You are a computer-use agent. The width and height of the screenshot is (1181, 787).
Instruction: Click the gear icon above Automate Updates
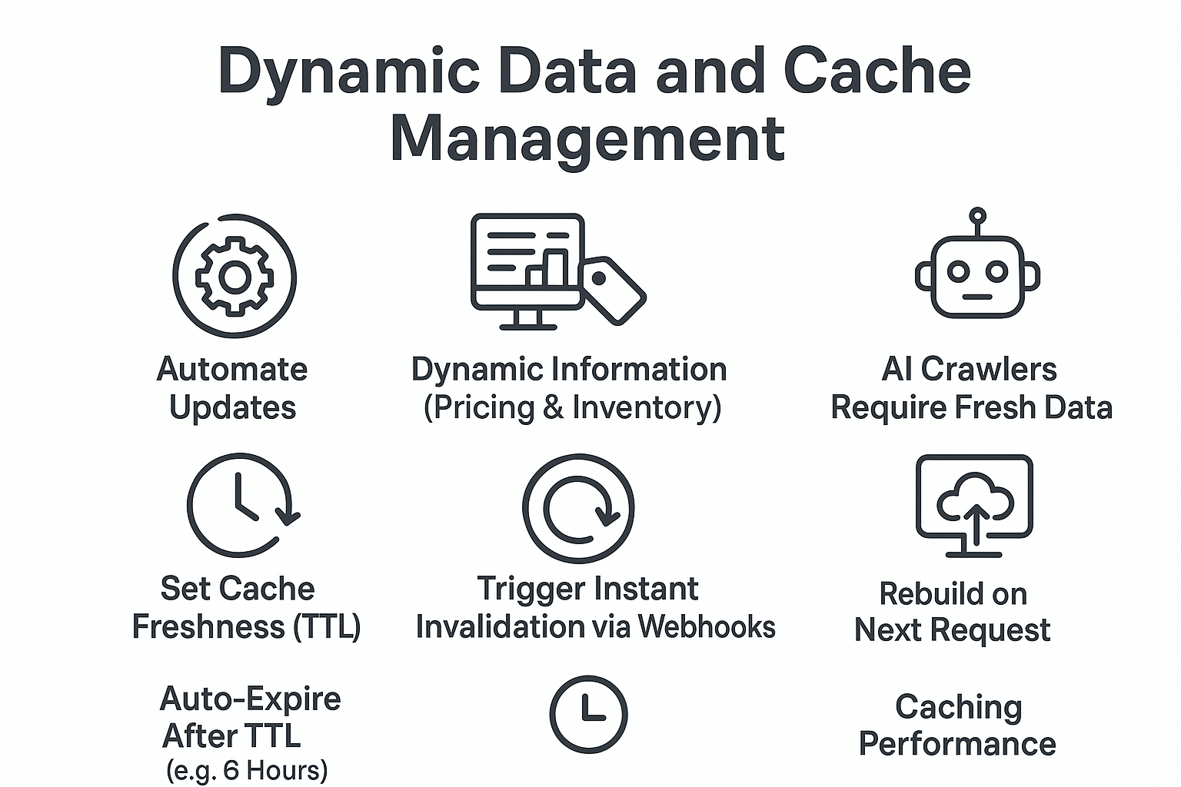(x=235, y=276)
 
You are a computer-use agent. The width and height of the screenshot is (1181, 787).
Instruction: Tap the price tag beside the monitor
(x=613, y=290)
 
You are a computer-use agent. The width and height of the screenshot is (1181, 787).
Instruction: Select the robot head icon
(x=977, y=273)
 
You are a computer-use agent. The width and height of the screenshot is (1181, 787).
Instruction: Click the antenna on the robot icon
(x=977, y=217)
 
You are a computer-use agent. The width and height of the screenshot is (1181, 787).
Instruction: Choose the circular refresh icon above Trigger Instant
(x=578, y=508)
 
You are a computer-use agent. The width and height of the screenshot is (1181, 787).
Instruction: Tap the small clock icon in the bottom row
(x=588, y=714)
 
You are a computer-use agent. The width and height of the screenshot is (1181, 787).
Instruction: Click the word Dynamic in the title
(x=350, y=71)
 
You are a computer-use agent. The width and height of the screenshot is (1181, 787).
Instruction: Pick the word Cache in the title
(x=877, y=71)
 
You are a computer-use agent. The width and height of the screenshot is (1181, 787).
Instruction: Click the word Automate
(x=232, y=370)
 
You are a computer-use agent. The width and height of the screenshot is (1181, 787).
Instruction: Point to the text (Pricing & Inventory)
(x=572, y=407)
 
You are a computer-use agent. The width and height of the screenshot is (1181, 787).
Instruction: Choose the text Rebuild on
(x=953, y=594)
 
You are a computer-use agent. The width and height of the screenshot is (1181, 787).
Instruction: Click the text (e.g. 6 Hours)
(x=247, y=769)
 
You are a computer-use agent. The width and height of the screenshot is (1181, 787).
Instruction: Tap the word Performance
(x=956, y=743)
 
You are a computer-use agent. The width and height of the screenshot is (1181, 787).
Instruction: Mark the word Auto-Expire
(x=250, y=699)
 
